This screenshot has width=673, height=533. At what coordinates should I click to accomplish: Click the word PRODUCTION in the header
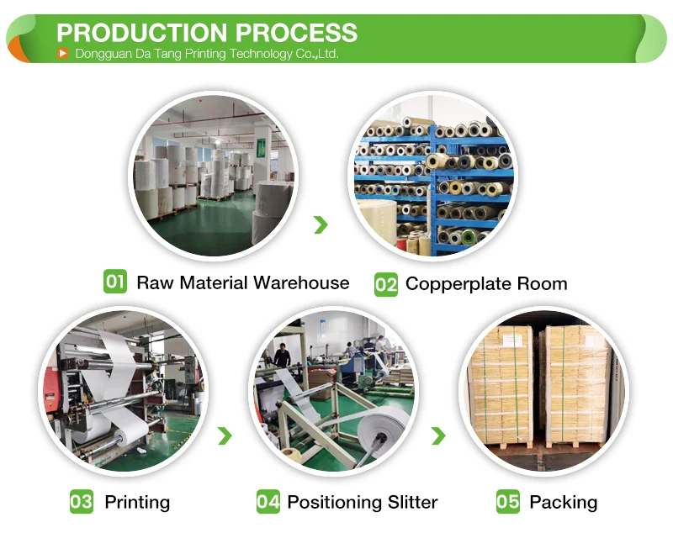[x=140, y=33]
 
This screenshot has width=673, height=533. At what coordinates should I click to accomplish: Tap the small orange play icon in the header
[x=62, y=54]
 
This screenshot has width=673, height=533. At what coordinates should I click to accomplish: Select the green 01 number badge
[x=115, y=282]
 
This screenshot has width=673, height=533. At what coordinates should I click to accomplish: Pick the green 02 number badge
[x=385, y=284]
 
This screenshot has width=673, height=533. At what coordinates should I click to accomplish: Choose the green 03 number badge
[x=82, y=502]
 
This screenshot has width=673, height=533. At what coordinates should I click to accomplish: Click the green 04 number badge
[x=268, y=502]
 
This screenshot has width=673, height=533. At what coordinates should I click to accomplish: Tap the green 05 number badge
[x=508, y=502]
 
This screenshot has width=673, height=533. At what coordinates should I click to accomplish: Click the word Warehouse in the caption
[x=300, y=282]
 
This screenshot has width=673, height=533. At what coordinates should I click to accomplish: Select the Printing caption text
[x=137, y=503]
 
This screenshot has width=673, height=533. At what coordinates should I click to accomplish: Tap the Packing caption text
[x=563, y=503]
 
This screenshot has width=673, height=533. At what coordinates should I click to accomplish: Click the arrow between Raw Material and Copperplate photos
[x=321, y=224]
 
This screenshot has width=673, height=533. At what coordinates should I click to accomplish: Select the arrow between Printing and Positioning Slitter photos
[x=225, y=435]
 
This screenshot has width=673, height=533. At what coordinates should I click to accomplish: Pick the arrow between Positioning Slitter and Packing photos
[x=438, y=435]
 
